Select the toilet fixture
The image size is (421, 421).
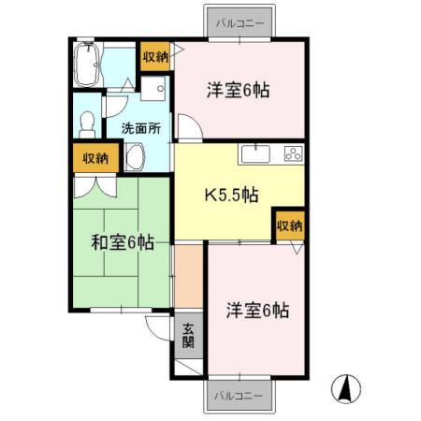(x=87, y=123)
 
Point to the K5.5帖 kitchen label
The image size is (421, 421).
(x=231, y=195)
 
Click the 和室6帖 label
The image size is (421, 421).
(x=123, y=243)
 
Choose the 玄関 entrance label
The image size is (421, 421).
(x=188, y=335)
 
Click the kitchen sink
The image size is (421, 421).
(x=254, y=153)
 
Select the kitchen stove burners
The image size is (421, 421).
(x=292, y=153)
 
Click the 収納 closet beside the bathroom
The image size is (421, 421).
(x=155, y=57)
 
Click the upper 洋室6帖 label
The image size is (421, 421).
(x=239, y=90)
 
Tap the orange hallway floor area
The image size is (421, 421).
(x=188, y=276)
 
